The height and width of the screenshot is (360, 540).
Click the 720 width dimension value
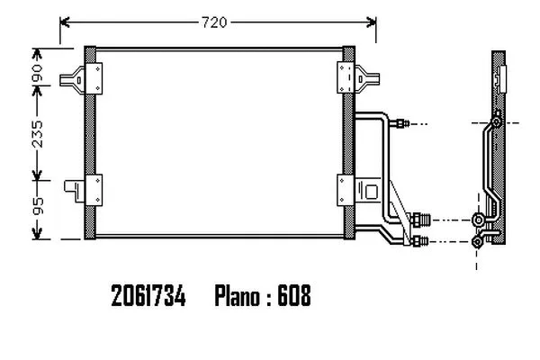[x=214, y=22]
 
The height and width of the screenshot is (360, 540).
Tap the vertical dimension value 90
[x=37, y=73]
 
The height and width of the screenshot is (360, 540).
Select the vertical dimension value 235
[x=37, y=134]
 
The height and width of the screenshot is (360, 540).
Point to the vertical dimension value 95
[x=37, y=206]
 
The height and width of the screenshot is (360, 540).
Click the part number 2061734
[x=148, y=295]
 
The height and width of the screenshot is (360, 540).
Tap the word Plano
[x=238, y=295]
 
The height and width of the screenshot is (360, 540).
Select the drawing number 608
[x=294, y=295]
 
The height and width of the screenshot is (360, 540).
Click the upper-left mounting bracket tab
[x=72, y=79]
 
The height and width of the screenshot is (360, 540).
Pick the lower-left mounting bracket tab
[x=75, y=191]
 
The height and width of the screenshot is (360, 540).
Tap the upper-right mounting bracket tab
[x=367, y=79]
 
